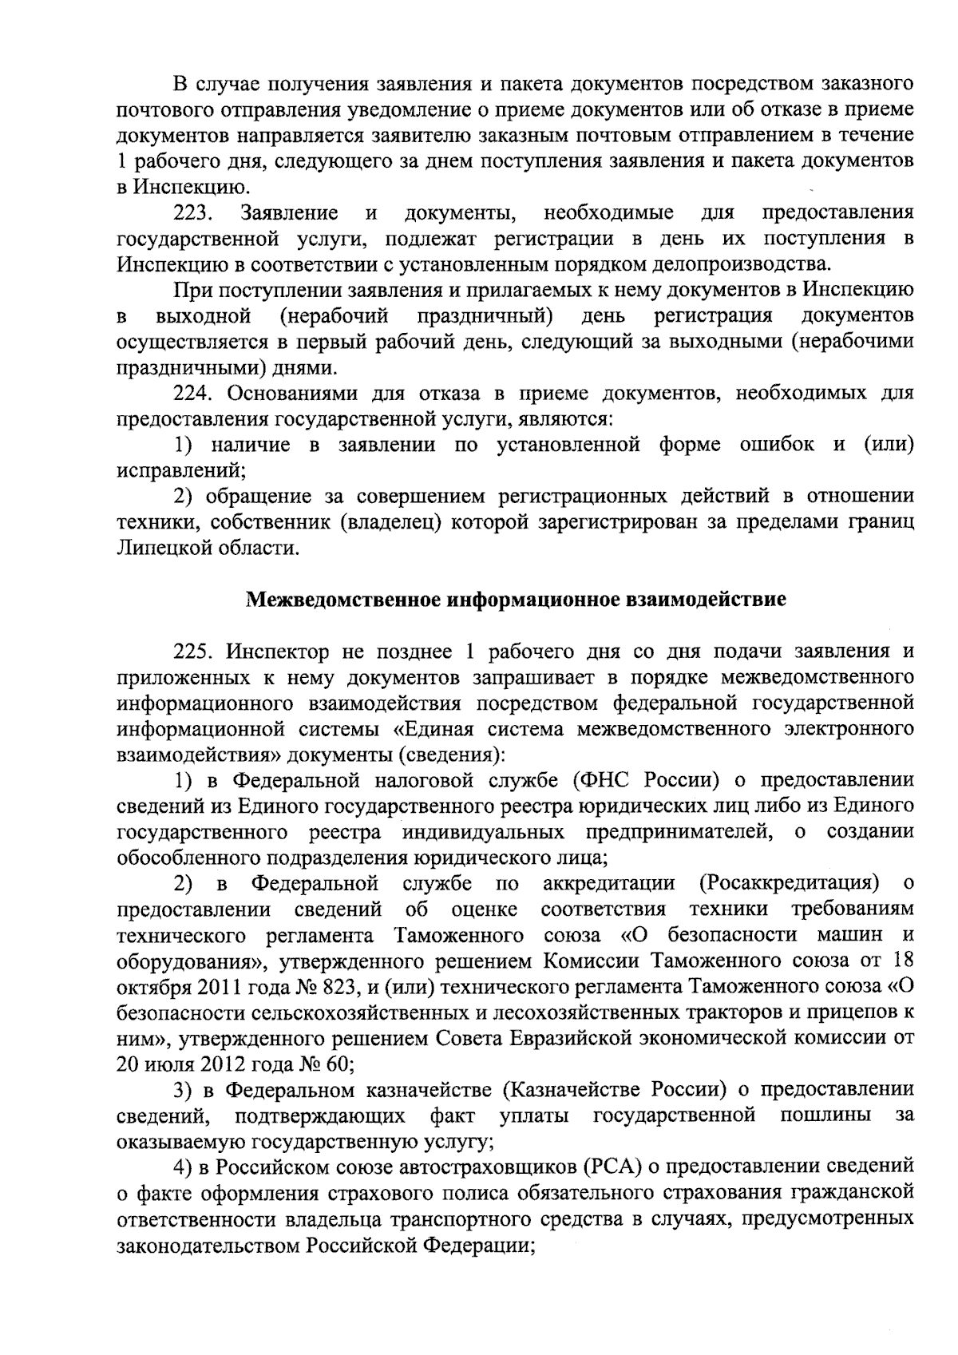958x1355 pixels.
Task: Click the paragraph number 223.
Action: pyautogui.click(x=192, y=213)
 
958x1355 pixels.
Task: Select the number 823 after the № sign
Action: pyautogui.click(x=338, y=988)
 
